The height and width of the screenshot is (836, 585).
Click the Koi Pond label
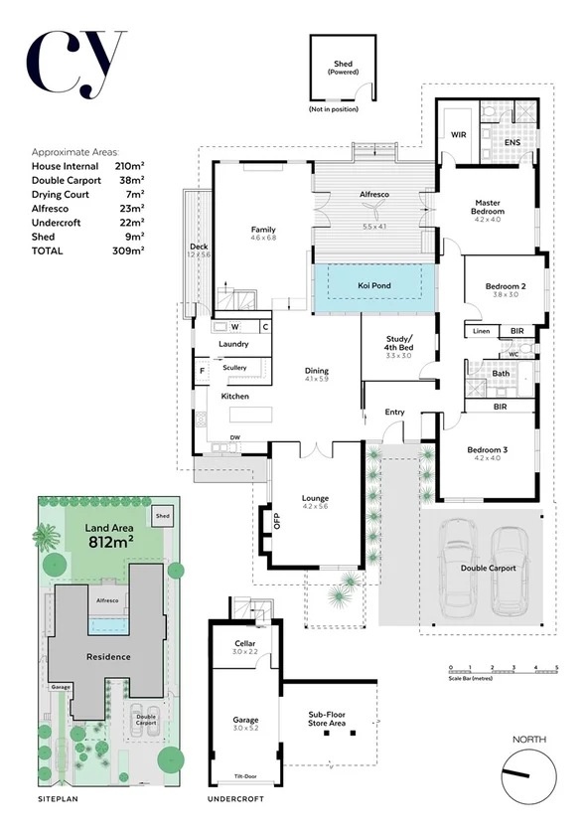[x=373, y=286]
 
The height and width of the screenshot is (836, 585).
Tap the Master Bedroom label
[x=488, y=207]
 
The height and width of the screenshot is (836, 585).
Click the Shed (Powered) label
[x=343, y=69]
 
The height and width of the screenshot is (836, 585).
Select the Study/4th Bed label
[x=399, y=344]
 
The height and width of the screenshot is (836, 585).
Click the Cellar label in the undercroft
[x=244, y=646]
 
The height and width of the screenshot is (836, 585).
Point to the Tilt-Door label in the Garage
[x=245, y=775]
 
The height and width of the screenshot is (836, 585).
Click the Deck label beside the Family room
[x=199, y=247]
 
